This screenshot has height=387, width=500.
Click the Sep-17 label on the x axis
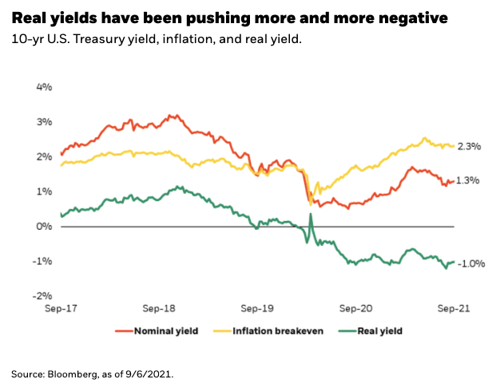tap(61, 307)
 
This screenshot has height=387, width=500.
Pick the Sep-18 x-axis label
tap(159, 307)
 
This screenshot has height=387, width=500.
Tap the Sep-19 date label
tap(257, 307)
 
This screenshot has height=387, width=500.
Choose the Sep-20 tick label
tap(356, 307)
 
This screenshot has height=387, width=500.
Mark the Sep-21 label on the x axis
tap(454, 307)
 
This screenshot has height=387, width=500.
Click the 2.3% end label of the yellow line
tap(469, 146)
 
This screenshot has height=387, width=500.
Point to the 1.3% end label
tap(469, 181)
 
